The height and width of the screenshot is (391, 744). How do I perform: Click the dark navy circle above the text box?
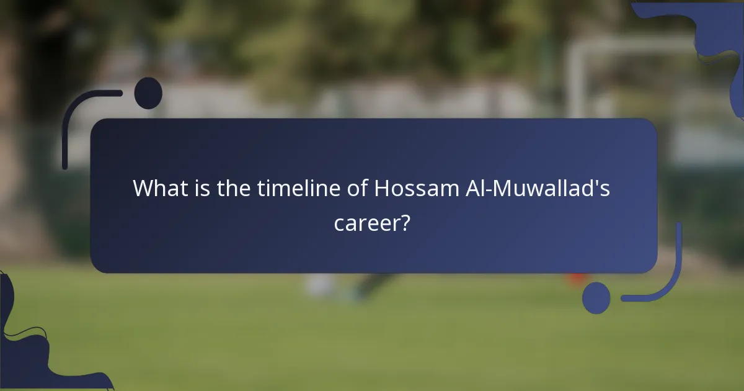148,93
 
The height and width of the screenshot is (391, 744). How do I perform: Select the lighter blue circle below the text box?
596,297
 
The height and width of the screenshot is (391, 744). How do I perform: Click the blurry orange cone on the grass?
577,277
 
